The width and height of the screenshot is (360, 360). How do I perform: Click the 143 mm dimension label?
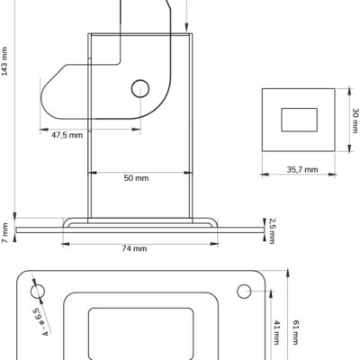pyautogui.click(x=4, y=61)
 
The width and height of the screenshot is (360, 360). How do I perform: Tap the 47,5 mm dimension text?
pyautogui.click(x=67, y=135)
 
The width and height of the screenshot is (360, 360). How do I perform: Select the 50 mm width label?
pyautogui.click(x=136, y=178)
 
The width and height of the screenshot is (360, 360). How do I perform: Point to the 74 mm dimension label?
pyautogui.click(x=134, y=248)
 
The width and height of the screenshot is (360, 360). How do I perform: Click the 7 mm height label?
pyautogui.click(x=5, y=233)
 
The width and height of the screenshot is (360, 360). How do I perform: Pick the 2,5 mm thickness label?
pyautogui.click(x=272, y=231)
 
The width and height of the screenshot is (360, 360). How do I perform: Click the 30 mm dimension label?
pyautogui.click(x=355, y=121)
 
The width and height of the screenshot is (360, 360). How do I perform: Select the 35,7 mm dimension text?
pyautogui.click(x=302, y=170)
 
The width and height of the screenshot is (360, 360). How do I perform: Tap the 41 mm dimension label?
pyautogui.click(x=277, y=332)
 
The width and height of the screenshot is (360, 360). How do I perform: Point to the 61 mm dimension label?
pyautogui.click(x=296, y=332)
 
